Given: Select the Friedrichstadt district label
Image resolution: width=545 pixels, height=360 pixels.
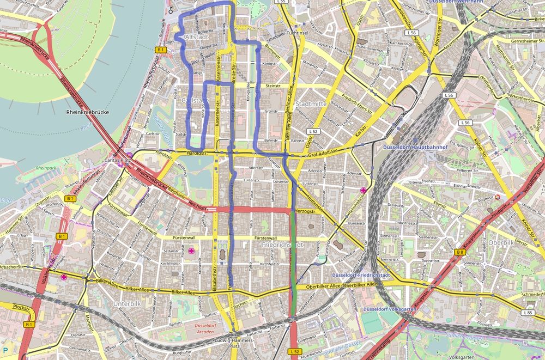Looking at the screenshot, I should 282,245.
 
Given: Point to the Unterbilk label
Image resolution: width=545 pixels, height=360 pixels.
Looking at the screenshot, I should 126,303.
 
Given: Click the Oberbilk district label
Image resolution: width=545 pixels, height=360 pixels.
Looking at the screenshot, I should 501,242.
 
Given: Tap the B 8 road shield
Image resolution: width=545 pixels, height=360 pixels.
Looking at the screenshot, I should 461,252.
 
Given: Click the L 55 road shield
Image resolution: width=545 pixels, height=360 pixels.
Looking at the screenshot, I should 281,2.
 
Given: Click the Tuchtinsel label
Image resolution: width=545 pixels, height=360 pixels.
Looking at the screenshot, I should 298,34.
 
